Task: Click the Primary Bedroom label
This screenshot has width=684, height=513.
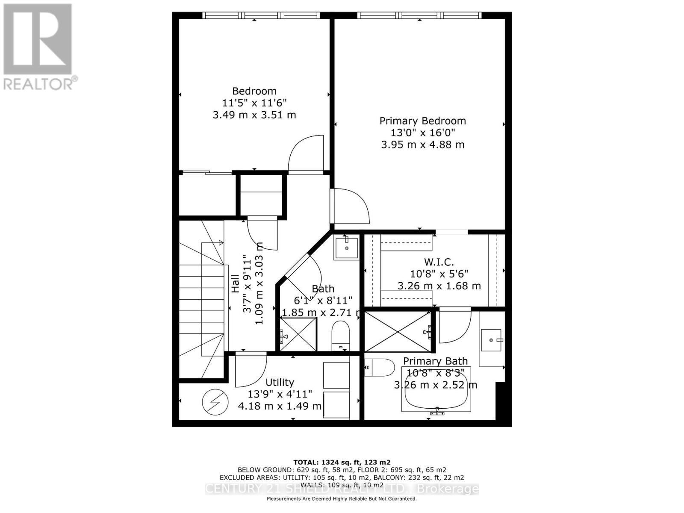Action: (422, 121)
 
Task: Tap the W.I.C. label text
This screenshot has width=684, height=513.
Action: (439, 262)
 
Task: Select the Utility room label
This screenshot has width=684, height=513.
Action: (280, 382)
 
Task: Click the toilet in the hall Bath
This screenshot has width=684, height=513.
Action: (341, 336)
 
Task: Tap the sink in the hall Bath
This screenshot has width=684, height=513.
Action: (346, 247)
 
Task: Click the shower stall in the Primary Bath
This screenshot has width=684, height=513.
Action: (398, 332)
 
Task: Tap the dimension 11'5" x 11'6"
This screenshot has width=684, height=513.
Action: (254, 103)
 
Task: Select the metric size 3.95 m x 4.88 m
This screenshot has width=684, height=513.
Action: (422, 144)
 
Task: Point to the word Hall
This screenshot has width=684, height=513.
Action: (236, 283)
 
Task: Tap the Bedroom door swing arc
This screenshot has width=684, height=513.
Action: (304, 154)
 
